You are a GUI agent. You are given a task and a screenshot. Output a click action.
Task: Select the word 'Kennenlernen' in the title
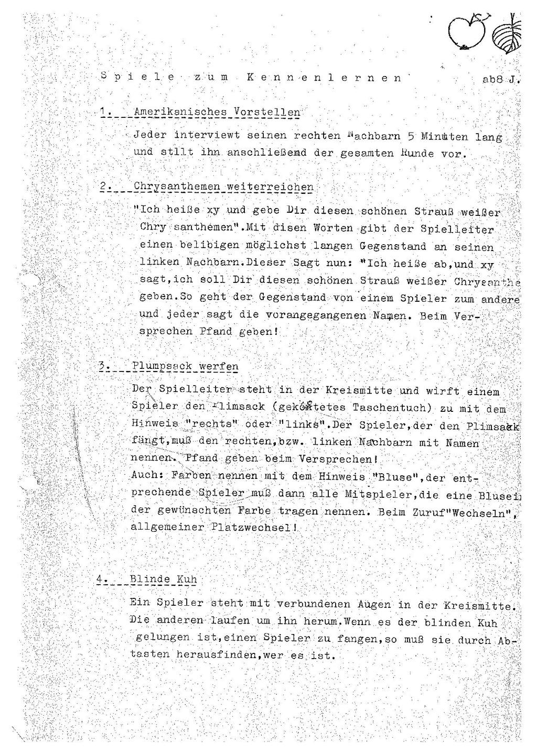[x=323, y=78]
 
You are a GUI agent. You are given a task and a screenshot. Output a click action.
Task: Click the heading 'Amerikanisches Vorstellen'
[x=217, y=112]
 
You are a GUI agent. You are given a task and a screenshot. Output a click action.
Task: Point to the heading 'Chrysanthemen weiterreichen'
[x=223, y=187]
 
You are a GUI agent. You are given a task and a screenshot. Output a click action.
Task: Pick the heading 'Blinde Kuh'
[x=163, y=579]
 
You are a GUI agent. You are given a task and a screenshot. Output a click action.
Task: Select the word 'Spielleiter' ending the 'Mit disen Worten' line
[x=457, y=229]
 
